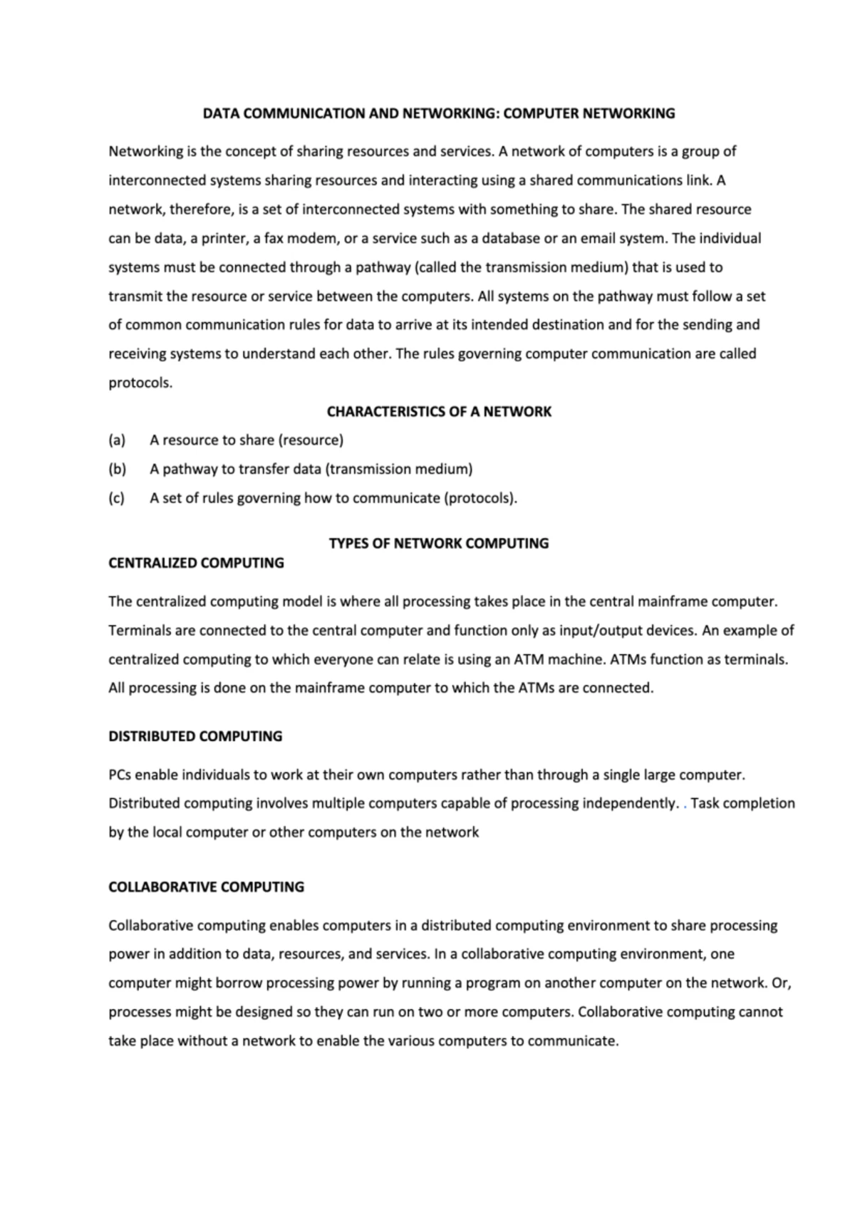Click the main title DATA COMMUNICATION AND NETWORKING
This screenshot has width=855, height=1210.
coord(439,113)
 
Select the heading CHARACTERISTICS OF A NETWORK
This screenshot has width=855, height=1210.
coord(439,412)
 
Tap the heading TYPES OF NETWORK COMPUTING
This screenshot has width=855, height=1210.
coord(439,544)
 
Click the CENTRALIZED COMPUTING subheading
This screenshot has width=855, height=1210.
coord(196,563)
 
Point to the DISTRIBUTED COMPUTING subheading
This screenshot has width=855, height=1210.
coord(195,736)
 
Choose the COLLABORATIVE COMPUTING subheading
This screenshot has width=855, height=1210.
coord(206,887)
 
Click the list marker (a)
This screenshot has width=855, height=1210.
coord(117,440)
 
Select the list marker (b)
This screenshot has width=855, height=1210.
coord(117,470)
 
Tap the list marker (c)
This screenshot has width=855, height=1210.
coord(117,498)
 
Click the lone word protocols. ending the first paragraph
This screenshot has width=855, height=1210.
coord(140,383)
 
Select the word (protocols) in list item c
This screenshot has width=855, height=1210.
coord(480,498)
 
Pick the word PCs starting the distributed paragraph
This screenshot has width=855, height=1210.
coord(120,775)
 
